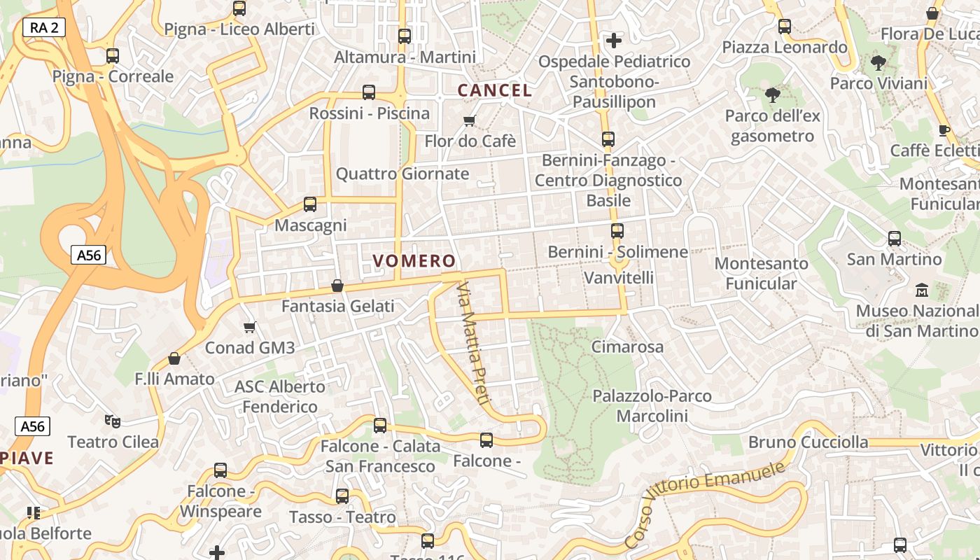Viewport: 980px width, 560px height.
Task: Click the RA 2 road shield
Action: pos(44,27)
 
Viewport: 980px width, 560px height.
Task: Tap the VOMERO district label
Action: pos(414,261)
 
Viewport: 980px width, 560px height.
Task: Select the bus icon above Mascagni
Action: pos(310,204)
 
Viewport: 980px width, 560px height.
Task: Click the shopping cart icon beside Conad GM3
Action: pos(250,327)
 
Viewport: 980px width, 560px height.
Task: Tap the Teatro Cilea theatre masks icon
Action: pos(112,421)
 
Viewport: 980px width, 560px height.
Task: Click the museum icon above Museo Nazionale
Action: pos(921,290)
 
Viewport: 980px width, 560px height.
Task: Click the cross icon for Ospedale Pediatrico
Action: pos(614,41)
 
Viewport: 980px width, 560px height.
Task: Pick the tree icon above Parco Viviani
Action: pos(878,63)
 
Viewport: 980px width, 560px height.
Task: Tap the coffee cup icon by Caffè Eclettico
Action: pos(944,130)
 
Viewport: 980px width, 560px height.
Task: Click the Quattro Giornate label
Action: pos(402,174)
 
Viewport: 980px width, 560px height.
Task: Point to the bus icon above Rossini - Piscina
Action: pos(369,92)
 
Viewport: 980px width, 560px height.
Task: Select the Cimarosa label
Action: pos(627,346)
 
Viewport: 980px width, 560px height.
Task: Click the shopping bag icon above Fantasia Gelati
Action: pos(337,286)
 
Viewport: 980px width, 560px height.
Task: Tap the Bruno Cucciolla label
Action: pos(808,442)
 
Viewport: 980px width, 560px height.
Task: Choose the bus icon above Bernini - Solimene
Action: pos(617,231)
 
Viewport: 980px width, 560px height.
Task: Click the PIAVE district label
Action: pos(27,458)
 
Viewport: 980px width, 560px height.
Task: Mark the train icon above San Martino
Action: pos(895,239)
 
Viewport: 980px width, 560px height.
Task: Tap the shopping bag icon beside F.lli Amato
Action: pos(174,358)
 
